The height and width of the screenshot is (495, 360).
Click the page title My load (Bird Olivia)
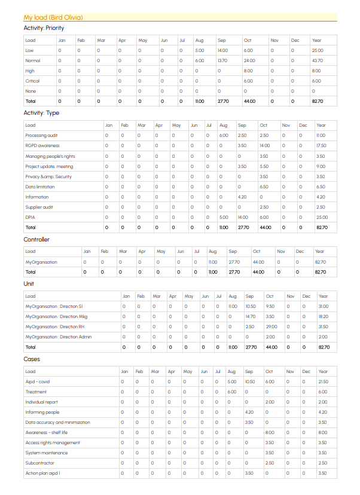53,17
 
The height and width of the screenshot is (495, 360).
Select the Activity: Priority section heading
44,27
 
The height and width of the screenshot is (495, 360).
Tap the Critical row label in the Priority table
32,81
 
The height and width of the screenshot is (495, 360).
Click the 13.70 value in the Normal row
222,60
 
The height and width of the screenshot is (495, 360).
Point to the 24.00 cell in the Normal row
249,60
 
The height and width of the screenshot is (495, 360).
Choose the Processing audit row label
41,136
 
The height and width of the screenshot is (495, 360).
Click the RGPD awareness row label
42,146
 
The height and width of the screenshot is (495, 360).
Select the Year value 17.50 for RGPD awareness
321,146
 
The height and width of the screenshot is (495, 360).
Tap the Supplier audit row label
39,207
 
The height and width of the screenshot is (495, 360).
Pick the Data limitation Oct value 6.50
264,187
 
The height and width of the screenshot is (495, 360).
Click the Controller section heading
36,240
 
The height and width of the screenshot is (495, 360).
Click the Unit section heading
29,284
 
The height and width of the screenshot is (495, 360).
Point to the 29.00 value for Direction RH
271,327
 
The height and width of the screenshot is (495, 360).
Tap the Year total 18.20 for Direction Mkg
323,317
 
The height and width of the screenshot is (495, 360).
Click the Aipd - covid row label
38,381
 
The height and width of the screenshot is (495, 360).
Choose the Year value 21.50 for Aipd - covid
323,381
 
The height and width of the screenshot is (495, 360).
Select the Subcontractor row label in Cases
39,463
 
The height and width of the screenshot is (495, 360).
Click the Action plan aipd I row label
42,473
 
